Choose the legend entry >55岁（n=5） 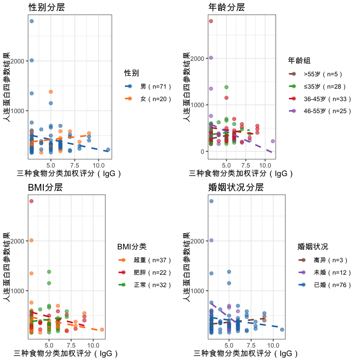[x=323, y=74]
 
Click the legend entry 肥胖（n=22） [x=153, y=272]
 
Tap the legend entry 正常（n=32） [x=153, y=285]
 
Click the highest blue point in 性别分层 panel [x=31, y=21]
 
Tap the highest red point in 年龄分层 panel [x=211, y=21]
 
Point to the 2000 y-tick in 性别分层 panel [x=21, y=60]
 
